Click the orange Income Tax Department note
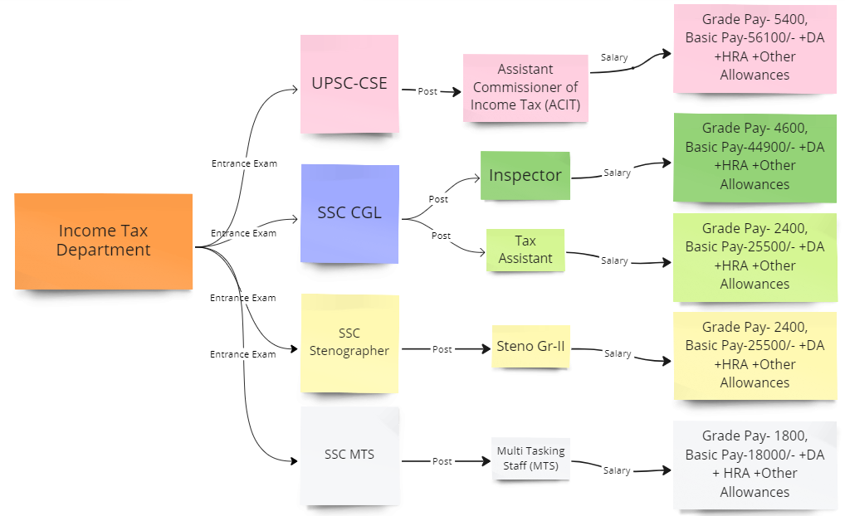pyautogui.click(x=104, y=241)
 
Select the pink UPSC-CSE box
pyautogui.click(x=349, y=84)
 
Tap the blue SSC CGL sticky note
pyautogui.click(x=349, y=213)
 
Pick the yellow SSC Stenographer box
pyautogui.click(x=349, y=343)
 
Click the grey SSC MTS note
pyautogui.click(x=349, y=455)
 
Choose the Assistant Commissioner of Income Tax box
pyautogui.click(x=525, y=87)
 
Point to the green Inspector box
pyautogui.click(x=525, y=175)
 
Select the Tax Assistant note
pyautogui.click(x=525, y=250)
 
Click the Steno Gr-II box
pyautogui.click(x=530, y=346)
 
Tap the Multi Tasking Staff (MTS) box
pyautogui.click(x=530, y=459)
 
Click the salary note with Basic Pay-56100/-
pyautogui.click(x=754, y=47)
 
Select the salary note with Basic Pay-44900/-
pyautogui.click(x=754, y=157)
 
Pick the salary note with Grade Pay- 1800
pyautogui.click(x=754, y=464)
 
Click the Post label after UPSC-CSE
pyautogui.click(x=427, y=92)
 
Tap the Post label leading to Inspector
pyautogui.click(x=438, y=199)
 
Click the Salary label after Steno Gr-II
pyautogui.click(x=618, y=353)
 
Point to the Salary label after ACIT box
pyautogui.click(x=613, y=58)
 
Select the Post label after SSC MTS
pyautogui.click(x=442, y=461)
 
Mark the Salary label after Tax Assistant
pyautogui.click(x=614, y=260)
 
